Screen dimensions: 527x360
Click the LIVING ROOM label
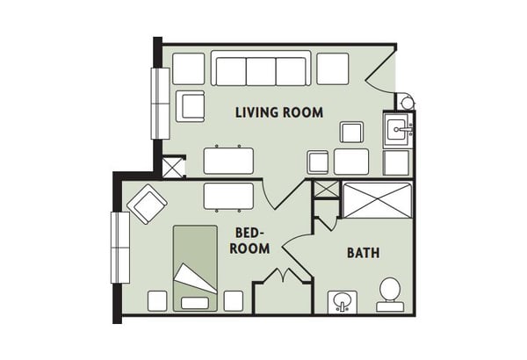click(279, 112)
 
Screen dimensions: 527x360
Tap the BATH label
click(364, 253)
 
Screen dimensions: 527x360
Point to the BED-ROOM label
click(249, 241)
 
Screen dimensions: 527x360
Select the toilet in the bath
click(390, 295)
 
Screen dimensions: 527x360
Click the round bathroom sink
click(343, 301)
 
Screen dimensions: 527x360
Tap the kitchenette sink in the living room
click(399, 129)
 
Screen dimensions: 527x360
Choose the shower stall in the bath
click(377, 200)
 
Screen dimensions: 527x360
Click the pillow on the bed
click(195, 303)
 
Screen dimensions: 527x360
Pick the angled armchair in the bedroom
click(148, 204)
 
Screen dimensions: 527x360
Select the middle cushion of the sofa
click(261, 72)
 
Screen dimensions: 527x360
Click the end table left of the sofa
click(189, 68)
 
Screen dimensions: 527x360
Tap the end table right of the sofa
click(333, 68)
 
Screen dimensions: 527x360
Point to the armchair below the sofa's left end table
click(191, 106)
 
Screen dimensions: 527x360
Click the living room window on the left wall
click(160, 104)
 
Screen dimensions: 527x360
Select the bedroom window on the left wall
click(120, 248)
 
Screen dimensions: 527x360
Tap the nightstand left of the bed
click(157, 301)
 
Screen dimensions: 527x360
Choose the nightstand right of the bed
click(234, 301)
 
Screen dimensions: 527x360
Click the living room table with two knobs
click(228, 161)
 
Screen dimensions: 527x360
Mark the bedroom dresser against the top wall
click(228, 197)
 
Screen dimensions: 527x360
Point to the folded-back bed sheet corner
click(195, 278)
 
